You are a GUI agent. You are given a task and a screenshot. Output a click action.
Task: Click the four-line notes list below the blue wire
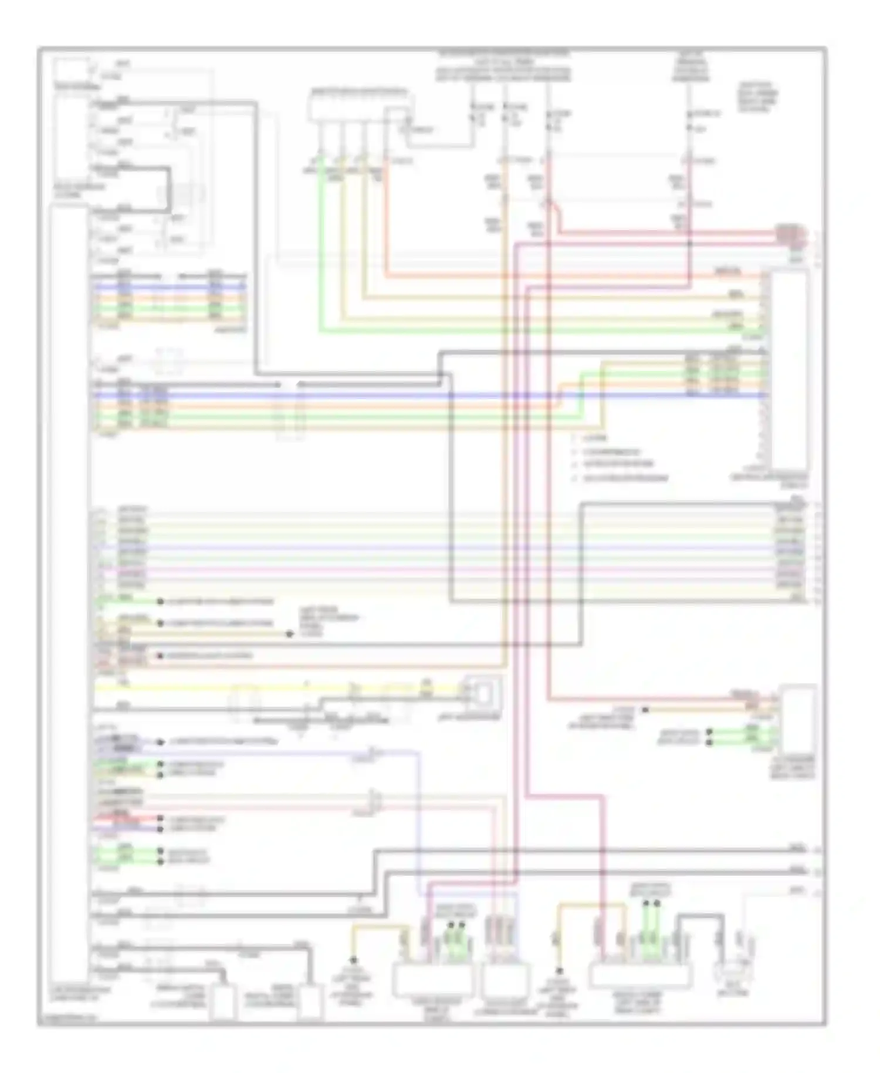[619, 458]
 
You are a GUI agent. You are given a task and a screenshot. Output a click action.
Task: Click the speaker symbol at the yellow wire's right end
[481, 693]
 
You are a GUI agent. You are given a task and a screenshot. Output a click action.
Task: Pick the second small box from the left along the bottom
[310, 1001]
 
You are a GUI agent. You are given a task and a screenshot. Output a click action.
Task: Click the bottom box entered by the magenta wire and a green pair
[432, 980]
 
